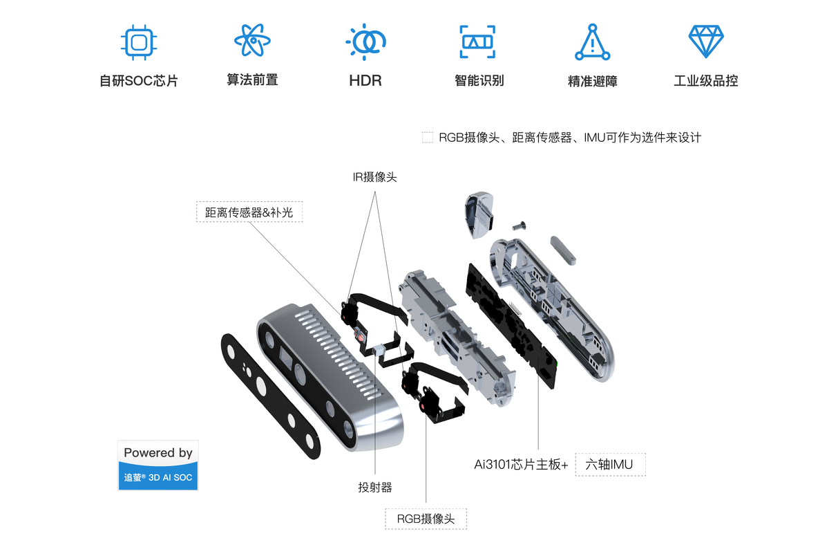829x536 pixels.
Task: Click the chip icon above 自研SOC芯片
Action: pos(138,41)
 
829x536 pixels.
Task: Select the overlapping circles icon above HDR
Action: pos(365,41)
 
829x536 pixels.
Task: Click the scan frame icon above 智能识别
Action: pos(478,41)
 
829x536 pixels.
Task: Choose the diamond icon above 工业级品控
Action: pos(705,41)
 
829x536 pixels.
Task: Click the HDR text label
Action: pos(365,80)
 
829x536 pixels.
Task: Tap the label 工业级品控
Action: pos(705,81)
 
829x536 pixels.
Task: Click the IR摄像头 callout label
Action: pos(374,177)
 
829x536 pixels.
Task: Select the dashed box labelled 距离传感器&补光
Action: pos(249,212)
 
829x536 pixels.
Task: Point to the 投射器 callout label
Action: pos(375,488)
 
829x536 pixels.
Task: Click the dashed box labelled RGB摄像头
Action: pos(426,519)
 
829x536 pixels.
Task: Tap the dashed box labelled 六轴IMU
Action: pos(610,465)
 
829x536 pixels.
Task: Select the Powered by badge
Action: pos(158,465)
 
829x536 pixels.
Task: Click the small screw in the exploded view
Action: pos(519,225)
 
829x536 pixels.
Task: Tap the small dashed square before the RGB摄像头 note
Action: pos(428,138)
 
